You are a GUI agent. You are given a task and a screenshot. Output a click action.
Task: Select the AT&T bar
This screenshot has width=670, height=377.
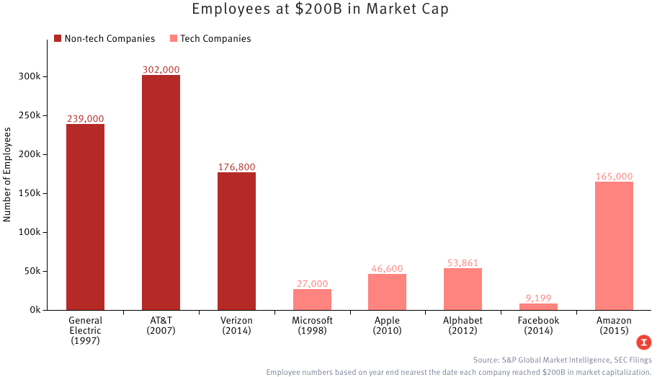click(161, 192)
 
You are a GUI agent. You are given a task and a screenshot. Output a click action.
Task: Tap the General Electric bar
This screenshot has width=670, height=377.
click(85, 217)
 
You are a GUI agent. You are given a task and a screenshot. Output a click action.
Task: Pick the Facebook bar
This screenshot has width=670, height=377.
click(538, 306)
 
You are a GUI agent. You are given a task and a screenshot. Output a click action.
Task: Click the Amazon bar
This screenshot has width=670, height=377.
click(614, 246)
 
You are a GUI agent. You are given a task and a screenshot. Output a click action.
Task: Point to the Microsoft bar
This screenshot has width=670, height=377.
click(312, 299)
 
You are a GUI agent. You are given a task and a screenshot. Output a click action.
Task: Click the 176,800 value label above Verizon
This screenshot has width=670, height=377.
click(236, 167)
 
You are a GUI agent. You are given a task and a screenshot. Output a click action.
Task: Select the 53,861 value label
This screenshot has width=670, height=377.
click(463, 263)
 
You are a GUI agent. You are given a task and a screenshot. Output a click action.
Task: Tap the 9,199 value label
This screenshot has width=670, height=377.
click(538, 298)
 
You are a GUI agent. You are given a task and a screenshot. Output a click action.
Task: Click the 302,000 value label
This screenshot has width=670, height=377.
click(161, 70)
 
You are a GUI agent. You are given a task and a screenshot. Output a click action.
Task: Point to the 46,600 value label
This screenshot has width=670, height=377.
click(387, 268)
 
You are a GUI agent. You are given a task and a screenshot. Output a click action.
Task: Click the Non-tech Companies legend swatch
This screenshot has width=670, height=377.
click(58, 39)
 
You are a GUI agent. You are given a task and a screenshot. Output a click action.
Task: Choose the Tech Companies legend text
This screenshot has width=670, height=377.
click(215, 39)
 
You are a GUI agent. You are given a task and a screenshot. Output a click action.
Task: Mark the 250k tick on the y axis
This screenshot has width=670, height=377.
click(34, 115)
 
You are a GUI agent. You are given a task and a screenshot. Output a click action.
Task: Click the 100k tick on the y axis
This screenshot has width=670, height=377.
click(34, 232)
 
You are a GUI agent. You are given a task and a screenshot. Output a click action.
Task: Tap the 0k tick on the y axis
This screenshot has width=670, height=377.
click(38, 310)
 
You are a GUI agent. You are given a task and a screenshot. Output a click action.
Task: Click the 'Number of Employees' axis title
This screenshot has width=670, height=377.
click(8, 174)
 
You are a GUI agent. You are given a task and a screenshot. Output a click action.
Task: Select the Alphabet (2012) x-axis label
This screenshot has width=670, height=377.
click(463, 325)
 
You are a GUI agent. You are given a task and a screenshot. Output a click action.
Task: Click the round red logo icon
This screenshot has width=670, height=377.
click(644, 342)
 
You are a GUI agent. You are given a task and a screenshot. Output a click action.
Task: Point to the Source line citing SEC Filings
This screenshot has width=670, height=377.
click(562, 359)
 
